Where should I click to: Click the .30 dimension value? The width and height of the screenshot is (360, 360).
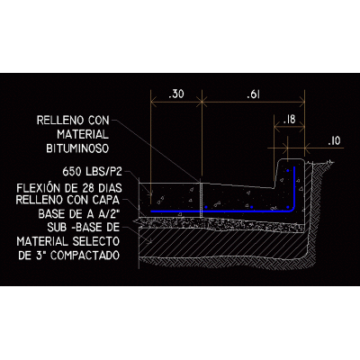coord(176,94)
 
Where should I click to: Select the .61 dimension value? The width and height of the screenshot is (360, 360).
coord(253,94)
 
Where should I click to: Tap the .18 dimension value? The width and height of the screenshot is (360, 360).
coord(290,120)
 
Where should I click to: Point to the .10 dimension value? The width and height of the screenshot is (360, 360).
coord(334,140)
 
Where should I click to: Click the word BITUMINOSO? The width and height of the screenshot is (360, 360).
coord(77,148)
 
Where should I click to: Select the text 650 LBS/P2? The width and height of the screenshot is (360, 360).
coord(93,172)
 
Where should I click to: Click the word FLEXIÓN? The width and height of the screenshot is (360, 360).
coord(39,188)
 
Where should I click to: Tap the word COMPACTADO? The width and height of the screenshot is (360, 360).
coord(85,256)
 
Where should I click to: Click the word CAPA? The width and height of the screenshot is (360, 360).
coord(108,200)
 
